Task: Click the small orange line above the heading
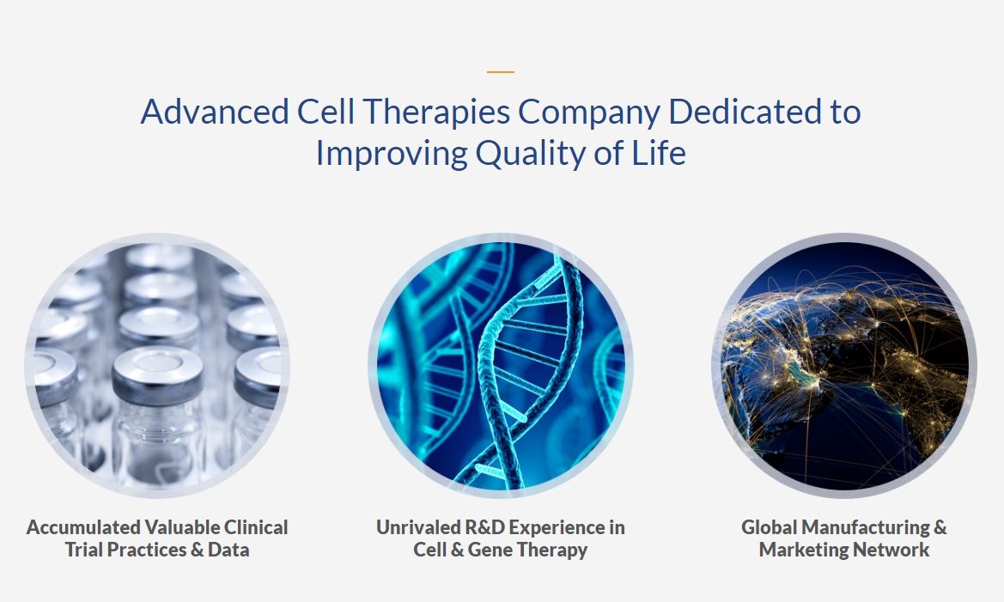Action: click(500, 72)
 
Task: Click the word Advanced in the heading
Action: click(215, 112)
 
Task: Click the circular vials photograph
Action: click(157, 366)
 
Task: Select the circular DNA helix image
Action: click(501, 366)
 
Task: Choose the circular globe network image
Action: click(844, 366)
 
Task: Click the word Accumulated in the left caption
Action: click(83, 527)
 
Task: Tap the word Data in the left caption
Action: click(228, 550)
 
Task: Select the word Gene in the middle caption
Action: click(490, 550)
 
